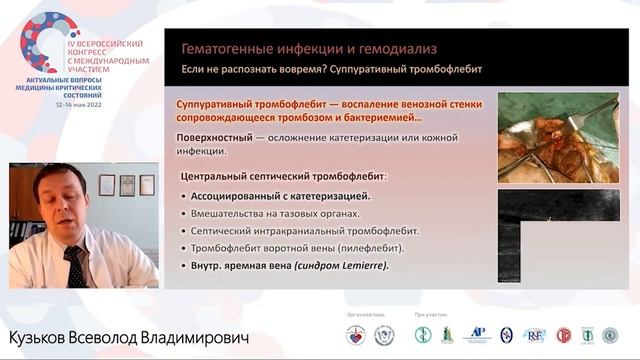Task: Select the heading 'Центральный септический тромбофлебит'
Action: [288, 176]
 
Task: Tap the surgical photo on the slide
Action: [557, 137]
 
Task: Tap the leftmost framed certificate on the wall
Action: [107, 185]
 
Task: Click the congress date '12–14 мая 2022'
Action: [85, 103]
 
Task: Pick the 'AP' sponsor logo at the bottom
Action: [478, 335]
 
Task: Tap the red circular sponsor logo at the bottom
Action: [563, 335]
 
